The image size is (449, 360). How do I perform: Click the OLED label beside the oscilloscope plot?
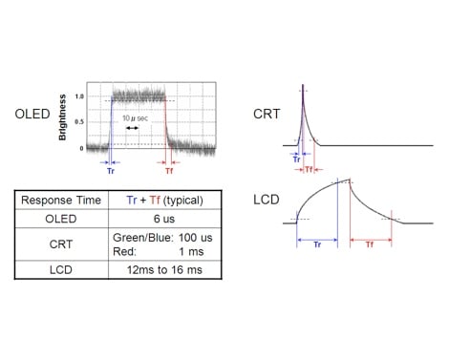[32, 114]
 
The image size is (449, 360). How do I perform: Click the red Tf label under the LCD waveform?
[369, 245]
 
